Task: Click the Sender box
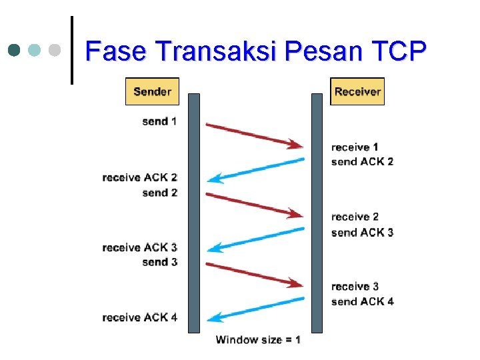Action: (152, 91)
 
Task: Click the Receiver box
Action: (357, 91)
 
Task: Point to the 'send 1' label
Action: (159, 121)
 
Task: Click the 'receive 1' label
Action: (355, 147)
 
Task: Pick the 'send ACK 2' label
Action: (362, 161)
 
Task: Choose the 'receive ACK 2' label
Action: (140, 177)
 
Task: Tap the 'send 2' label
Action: (159, 193)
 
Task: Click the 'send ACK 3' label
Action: (362, 233)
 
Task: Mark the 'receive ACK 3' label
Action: (140, 247)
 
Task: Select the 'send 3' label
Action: (159, 262)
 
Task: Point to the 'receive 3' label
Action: (355, 287)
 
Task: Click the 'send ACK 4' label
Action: (362, 301)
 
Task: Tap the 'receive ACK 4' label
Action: (140, 317)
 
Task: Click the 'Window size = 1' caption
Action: (258, 340)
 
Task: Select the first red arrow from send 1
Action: (253, 134)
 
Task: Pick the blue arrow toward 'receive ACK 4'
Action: (256, 309)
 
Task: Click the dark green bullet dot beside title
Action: (15, 50)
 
